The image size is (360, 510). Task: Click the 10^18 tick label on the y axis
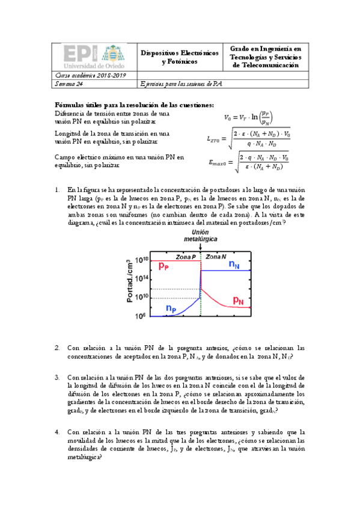(141, 260)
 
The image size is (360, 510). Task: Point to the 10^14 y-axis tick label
(141, 278)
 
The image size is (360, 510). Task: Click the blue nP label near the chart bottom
(171, 307)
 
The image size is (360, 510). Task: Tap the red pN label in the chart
(238, 299)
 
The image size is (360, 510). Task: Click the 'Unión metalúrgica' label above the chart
(201, 236)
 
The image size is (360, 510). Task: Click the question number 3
(57, 378)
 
